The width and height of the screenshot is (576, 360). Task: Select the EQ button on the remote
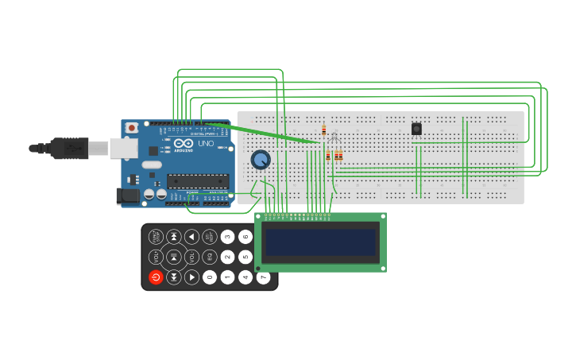click(x=210, y=257)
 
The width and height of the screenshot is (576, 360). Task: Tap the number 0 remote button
click(x=210, y=277)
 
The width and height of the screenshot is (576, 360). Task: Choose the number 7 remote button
click(x=263, y=277)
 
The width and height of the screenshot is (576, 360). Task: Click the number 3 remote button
click(x=227, y=236)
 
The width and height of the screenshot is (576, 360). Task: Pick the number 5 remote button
click(x=245, y=257)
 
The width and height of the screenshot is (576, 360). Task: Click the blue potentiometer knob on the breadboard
click(x=261, y=160)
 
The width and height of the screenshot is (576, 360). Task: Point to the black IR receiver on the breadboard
click(x=416, y=129)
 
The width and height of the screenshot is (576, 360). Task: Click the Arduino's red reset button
click(x=132, y=127)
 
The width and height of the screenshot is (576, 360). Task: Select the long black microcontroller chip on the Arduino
click(x=198, y=180)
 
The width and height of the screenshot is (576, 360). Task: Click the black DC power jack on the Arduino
click(x=127, y=195)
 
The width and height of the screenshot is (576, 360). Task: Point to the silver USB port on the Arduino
click(x=123, y=148)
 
